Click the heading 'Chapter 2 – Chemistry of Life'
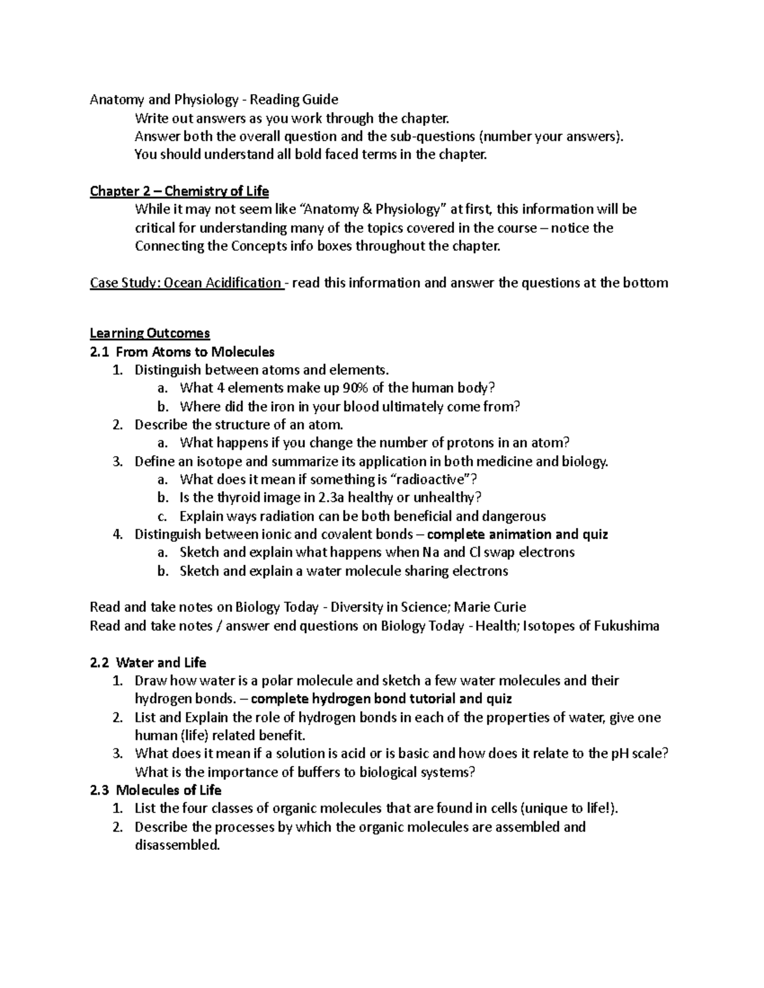click(179, 191)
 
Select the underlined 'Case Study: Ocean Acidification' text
click(186, 283)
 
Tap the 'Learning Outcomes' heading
click(150, 333)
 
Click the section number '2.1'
click(100, 352)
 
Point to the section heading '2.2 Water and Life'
click(148, 663)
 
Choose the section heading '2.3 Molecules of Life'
click(155, 791)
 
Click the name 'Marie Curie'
click(490, 607)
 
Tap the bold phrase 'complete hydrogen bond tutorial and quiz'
click(382, 699)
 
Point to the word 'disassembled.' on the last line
click(177, 845)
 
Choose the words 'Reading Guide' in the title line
click(294, 99)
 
